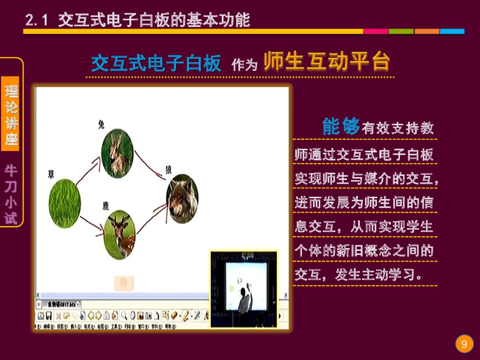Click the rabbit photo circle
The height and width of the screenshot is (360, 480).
tap(118, 153)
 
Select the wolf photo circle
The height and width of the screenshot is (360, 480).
tap(183, 198)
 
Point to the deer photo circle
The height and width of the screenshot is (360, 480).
tap(120, 235)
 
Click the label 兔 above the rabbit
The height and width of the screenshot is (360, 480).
tap(101, 124)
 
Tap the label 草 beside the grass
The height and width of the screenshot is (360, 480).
tap(51, 174)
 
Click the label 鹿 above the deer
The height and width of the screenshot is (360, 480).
tap(105, 205)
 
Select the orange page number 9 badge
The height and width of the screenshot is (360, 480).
tap(464, 345)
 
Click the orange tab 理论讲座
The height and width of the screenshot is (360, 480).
tap(11, 114)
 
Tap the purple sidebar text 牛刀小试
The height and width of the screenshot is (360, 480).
tap(11, 194)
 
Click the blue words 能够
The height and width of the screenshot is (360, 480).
tap(341, 127)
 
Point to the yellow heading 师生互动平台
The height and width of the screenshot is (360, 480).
tap(327, 62)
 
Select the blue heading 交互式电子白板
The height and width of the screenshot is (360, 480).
tap(156, 63)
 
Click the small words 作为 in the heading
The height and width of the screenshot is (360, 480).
tap(244, 65)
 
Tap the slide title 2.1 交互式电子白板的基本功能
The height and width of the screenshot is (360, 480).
tap(138, 20)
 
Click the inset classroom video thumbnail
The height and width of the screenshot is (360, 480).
tap(243, 288)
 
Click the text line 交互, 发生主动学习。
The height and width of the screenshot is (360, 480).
tap(358, 275)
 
